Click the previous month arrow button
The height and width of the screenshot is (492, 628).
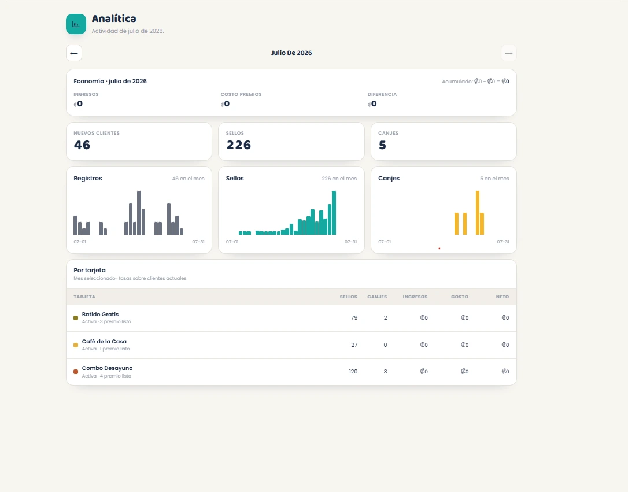(x=74, y=53)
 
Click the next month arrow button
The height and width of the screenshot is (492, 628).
(x=509, y=53)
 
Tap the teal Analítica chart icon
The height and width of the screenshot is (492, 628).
(x=76, y=24)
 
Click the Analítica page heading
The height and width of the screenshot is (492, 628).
(x=114, y=19)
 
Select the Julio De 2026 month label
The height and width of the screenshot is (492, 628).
(x=291, y=53)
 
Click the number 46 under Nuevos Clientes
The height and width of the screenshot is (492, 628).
(x=82, y=145)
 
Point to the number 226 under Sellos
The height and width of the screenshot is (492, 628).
(x=239, y=145)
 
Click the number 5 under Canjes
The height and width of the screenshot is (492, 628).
(x=382, y=145)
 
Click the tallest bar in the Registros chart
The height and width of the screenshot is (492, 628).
(x=139, y=213)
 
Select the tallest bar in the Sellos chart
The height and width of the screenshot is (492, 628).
(x=334, y=213)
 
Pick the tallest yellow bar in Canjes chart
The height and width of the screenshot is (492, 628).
(x=478, y=213)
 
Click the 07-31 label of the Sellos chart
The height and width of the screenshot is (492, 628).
(x=350, y=242)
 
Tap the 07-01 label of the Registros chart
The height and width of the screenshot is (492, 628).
(x=80, y=242)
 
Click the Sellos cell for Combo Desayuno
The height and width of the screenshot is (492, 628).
(x=353, y=372)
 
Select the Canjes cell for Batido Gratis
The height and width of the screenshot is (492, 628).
(x=385, y=318)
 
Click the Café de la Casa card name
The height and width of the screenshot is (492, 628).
(x=104, y=342)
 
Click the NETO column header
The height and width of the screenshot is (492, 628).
(x=503, y=297)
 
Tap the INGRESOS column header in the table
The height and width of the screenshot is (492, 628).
(x=415, y=297)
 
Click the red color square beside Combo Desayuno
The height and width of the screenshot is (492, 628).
(x=76, y=372)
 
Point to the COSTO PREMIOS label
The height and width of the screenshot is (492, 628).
(x=241, y=94)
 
